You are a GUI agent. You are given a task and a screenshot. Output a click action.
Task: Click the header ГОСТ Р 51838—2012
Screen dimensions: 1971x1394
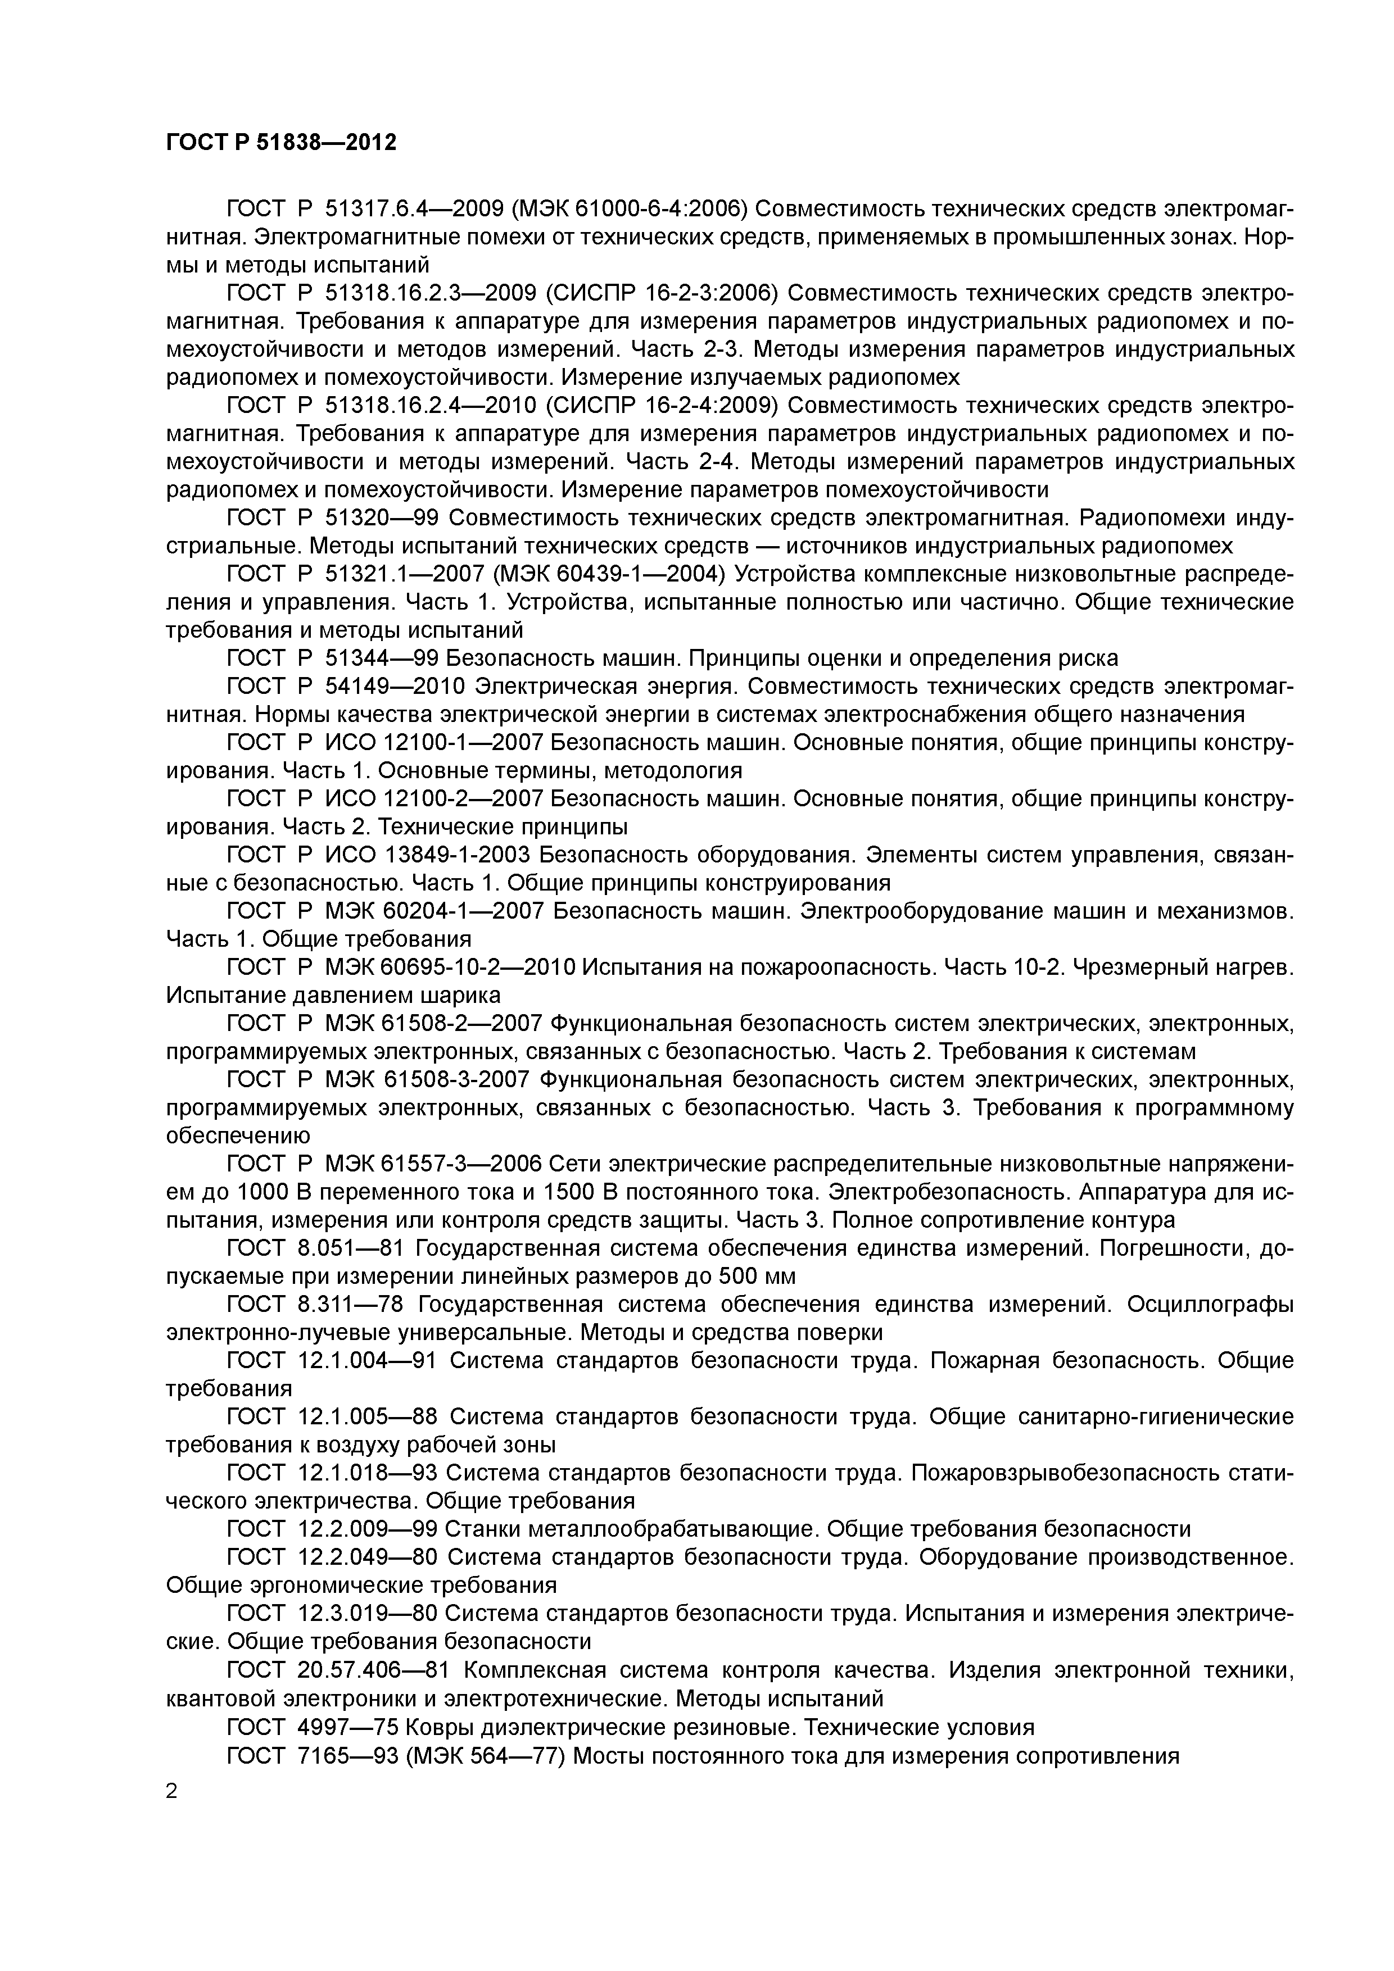281,143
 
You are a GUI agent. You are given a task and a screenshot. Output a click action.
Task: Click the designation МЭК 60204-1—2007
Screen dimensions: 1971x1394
435,911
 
